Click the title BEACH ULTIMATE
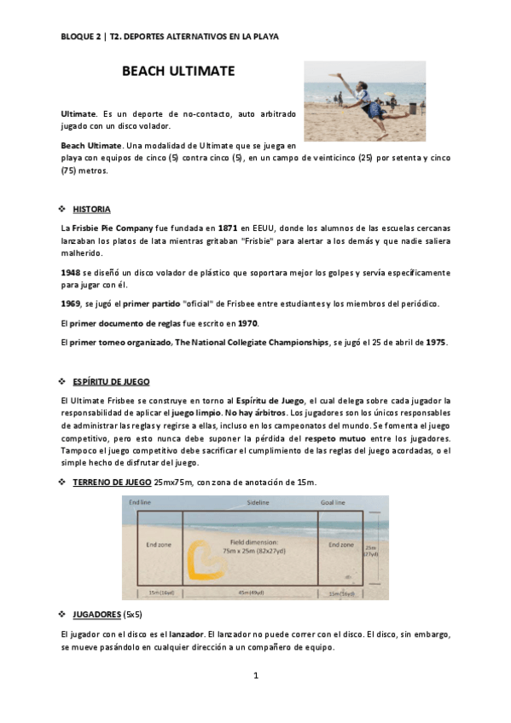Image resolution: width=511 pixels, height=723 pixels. point(178,72)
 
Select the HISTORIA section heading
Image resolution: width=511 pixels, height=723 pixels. point(91,209)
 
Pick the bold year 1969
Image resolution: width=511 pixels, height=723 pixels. point(70,304)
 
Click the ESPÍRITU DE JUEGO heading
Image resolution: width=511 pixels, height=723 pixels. point(111,380)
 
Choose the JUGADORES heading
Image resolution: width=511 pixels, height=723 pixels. point(97,614)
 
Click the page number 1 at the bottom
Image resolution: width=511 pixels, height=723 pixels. point(255,676)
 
